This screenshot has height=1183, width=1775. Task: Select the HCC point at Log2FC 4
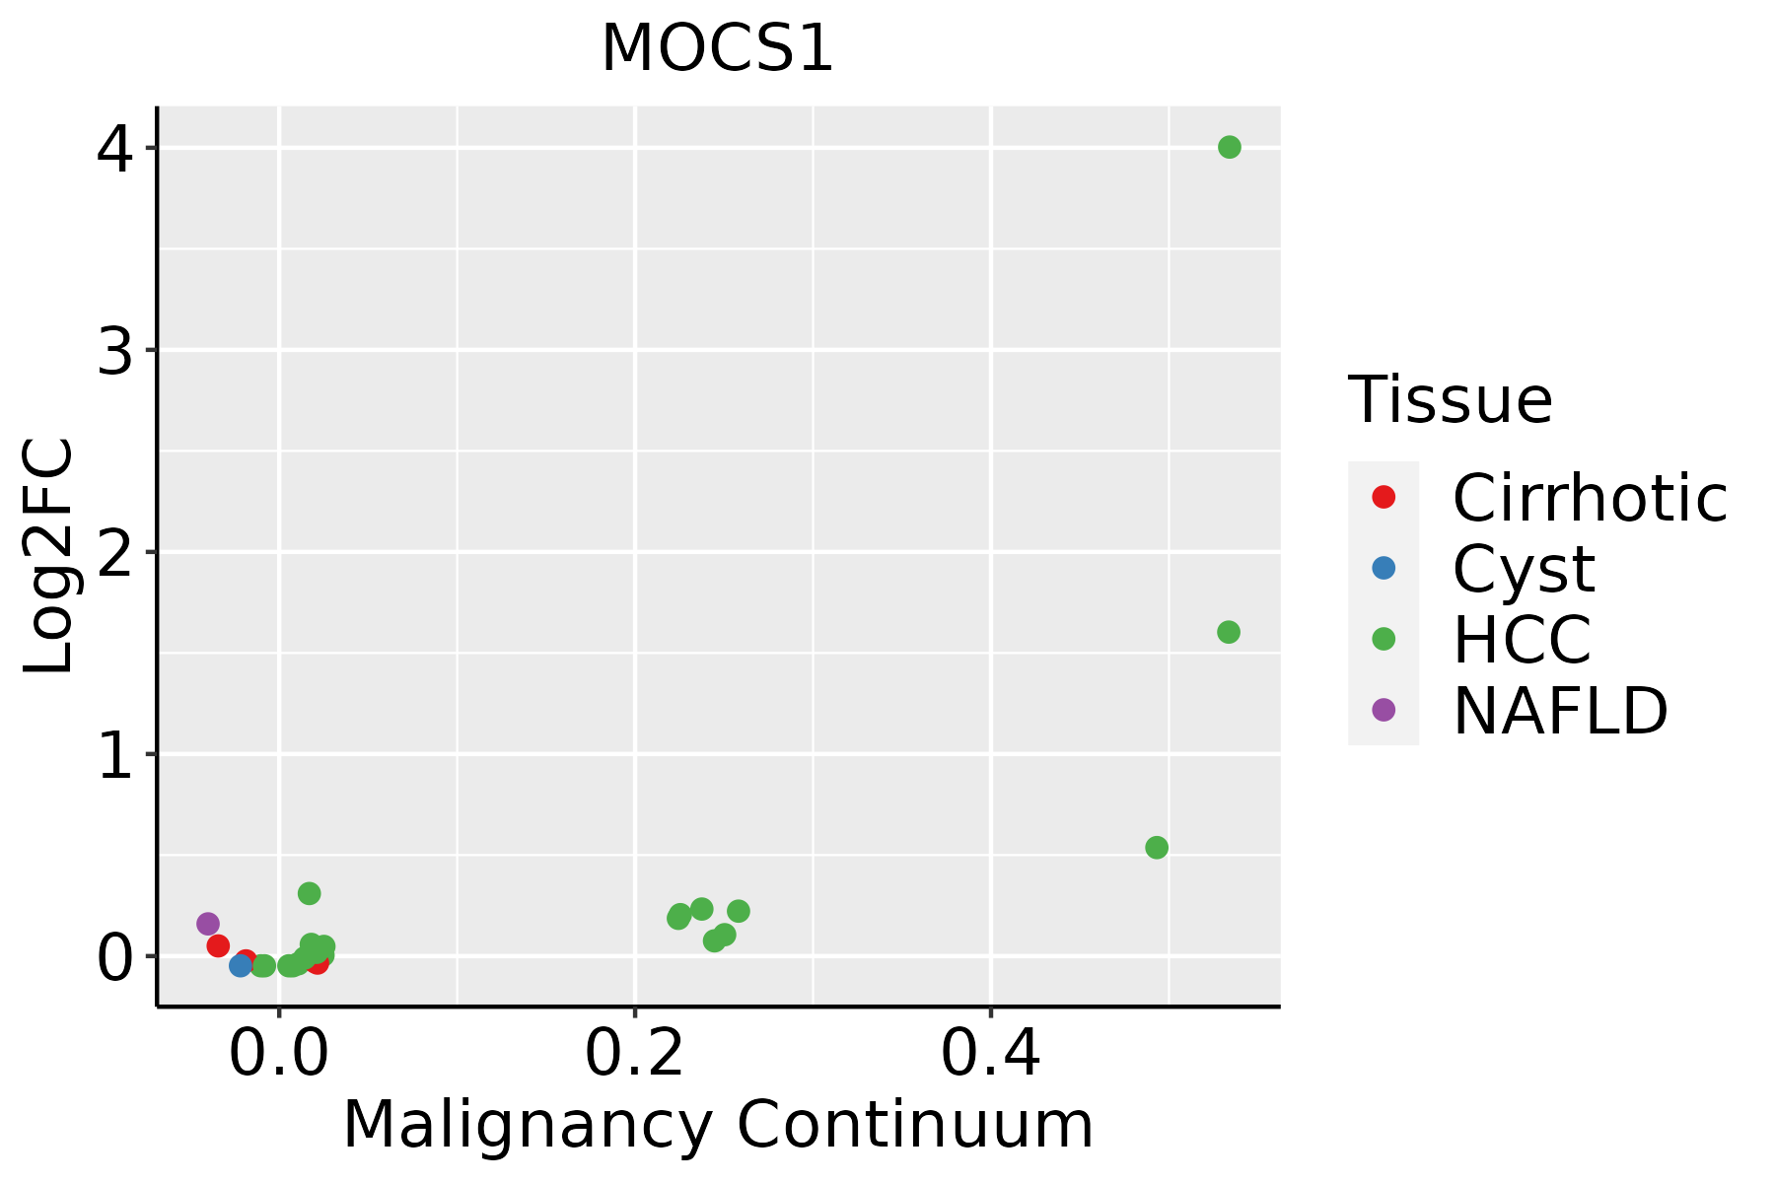(1229, 148)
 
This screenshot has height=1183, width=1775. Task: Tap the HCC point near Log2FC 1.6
(1228, 632)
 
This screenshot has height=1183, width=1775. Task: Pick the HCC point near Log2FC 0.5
(1157, 848)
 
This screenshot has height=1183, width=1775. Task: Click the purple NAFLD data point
(208, 924)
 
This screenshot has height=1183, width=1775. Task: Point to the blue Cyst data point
(241, 965)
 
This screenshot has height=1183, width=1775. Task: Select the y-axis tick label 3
(115, 351)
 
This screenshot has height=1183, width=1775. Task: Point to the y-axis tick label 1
(115, 755)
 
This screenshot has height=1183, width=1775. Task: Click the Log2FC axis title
(49, 556)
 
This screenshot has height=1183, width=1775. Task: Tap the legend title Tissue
(1450, 400)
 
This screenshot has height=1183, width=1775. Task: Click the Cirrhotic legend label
(1590, 498)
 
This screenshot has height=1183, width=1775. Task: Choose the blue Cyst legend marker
(1384, 568)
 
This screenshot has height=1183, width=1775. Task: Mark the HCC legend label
(1522, 640)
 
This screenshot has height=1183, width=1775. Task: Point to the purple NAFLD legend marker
(1384, 709)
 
